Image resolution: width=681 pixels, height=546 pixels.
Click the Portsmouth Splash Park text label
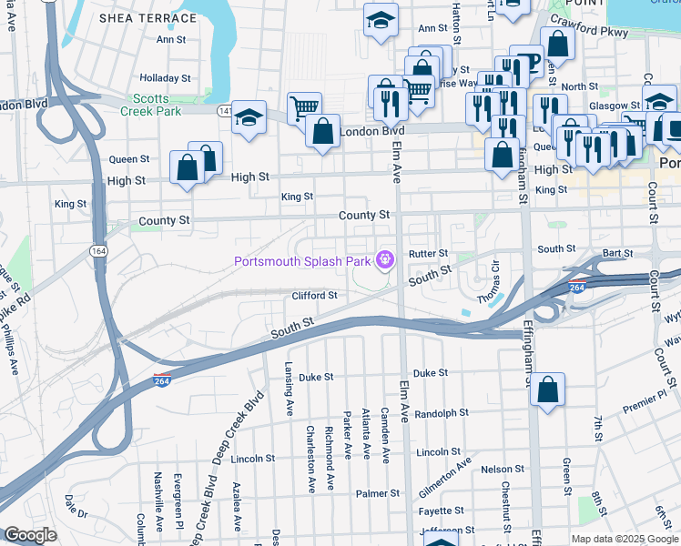tap(303, 262)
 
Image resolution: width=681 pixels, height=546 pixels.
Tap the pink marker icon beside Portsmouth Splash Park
tap(385, 261)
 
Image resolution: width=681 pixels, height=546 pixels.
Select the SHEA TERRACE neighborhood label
tap(147, 18)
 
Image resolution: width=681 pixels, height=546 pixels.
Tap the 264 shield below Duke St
tap(162, 378)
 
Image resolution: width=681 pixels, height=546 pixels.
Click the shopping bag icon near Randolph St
tap(548, 391)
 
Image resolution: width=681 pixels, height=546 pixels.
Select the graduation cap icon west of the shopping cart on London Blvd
tap(249, 118)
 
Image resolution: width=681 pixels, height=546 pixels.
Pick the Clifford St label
tap(314, 296)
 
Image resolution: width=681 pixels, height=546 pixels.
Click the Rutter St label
tap(429, 254)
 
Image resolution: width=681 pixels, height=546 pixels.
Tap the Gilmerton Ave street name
tap(445, 476)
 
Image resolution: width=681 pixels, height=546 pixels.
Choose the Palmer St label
tap(377, 493)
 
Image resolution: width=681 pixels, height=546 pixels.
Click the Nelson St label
tap(503, 470)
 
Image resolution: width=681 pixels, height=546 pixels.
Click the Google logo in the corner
tap(30, 535)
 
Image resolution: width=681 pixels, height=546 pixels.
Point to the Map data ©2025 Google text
tap(623, 539)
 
